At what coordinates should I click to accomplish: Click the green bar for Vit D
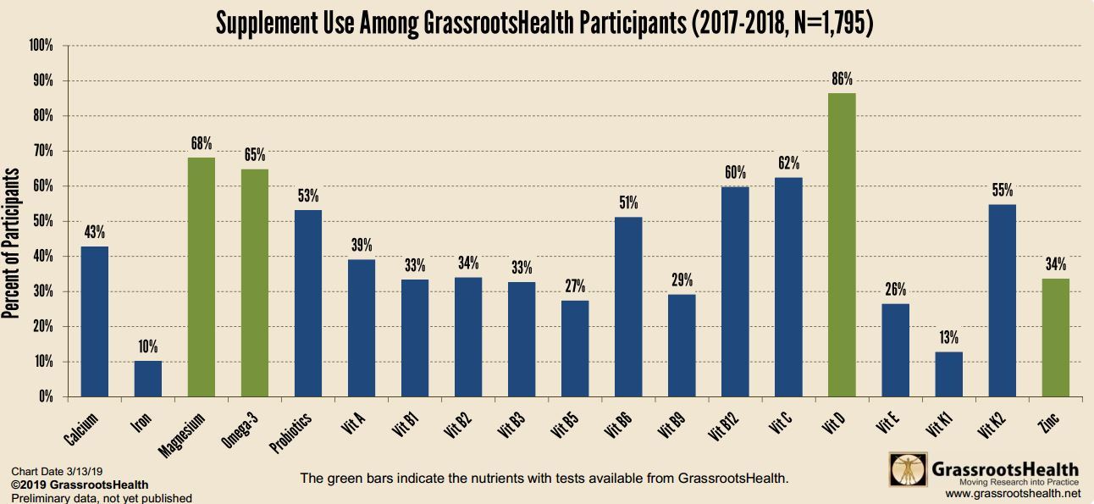pyautogui.click(x=842, y=245)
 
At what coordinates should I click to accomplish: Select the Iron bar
pyautogui.click(x=148, y=379)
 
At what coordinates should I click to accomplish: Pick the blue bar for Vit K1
pyautogui.click(x=948, y=374)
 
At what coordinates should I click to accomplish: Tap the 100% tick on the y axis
pyautogui.click(x=40, y=45)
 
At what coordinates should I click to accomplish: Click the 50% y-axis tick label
pyautogui.click(x=42, y=221)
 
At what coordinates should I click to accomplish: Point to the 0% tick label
pyautogui.click(x=45, y=396)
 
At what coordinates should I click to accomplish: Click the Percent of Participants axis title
pyautogui.click(x=11, y=244)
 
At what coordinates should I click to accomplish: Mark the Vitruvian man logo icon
pyautogui.click(x=907, y=471)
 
